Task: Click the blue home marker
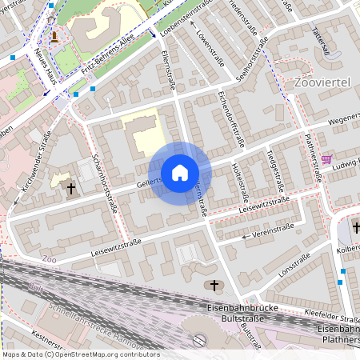click(180, 172)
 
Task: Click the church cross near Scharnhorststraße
click(71, 189)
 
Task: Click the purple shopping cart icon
click(326, 159)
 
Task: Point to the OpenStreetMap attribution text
click(80, 354)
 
